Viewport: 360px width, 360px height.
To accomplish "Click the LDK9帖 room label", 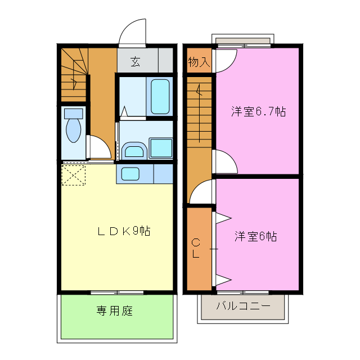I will point(123,231).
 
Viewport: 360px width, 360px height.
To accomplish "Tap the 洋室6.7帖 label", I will point(258,111).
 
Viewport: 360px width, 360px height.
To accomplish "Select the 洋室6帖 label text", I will point(255,236).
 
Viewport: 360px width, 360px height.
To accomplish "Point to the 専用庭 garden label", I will point(114,310).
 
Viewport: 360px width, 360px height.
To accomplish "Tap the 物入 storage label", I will point(199,62).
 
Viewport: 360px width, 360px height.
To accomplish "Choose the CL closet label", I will point(195,248).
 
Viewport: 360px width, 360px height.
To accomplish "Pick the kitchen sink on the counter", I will point(130,173).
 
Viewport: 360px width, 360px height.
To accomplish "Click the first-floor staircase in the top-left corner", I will point(74,76).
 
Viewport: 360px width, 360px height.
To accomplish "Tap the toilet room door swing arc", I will point(99,147).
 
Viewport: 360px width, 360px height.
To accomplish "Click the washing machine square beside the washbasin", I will point(161,148).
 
